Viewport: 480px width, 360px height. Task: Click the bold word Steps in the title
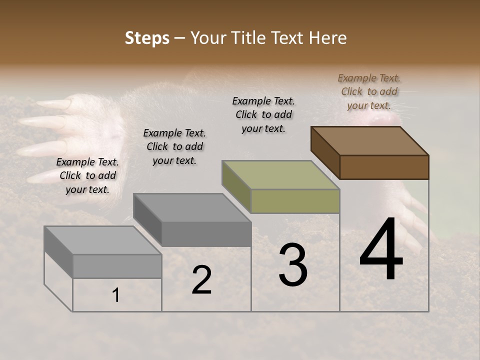(x=147, y=38)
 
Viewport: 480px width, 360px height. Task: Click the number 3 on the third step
(x=292, y=265)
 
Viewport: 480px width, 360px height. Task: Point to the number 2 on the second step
(x=201, y=280)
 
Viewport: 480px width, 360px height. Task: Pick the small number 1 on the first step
(x=115, y=295)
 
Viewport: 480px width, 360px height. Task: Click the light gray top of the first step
(x=103, y=240)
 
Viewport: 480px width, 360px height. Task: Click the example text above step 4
(x=369, y=91)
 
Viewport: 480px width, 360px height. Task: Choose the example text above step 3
(x=263, y=114)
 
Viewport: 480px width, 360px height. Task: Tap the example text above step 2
(x=174, y=146)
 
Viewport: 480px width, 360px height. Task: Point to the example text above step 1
(x=87, y=175)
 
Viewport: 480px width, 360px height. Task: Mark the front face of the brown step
(x=384, y=167)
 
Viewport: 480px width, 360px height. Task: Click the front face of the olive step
(x=295, y=201)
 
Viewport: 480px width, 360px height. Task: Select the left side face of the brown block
(x=325, y=152)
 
